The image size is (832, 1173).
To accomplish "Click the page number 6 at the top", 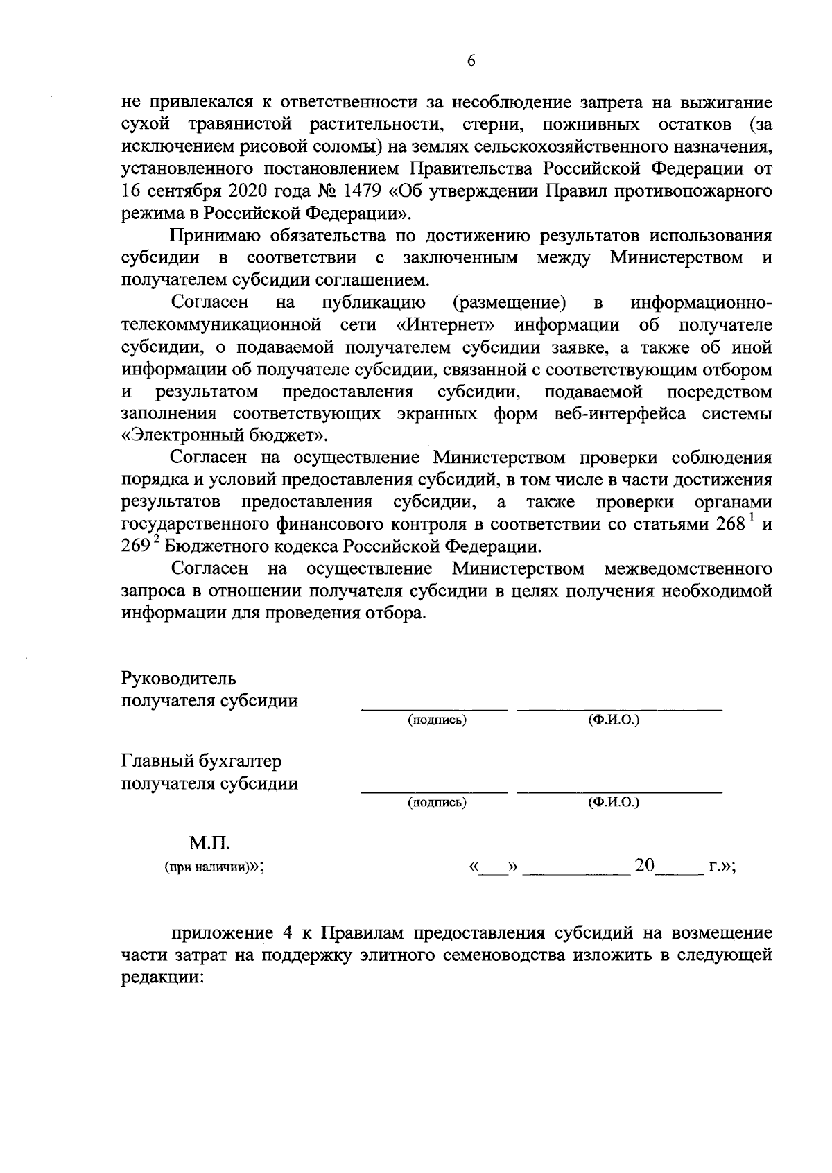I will coord(471,61).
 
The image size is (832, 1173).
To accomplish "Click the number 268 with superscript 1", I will coord(731,524).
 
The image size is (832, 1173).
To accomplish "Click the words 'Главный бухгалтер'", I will coord(202,761).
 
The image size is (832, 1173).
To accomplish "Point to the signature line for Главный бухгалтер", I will coord(434,791).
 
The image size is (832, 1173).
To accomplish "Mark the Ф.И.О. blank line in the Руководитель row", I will coord(619,709).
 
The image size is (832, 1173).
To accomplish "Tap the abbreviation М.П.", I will coord(209,844).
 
